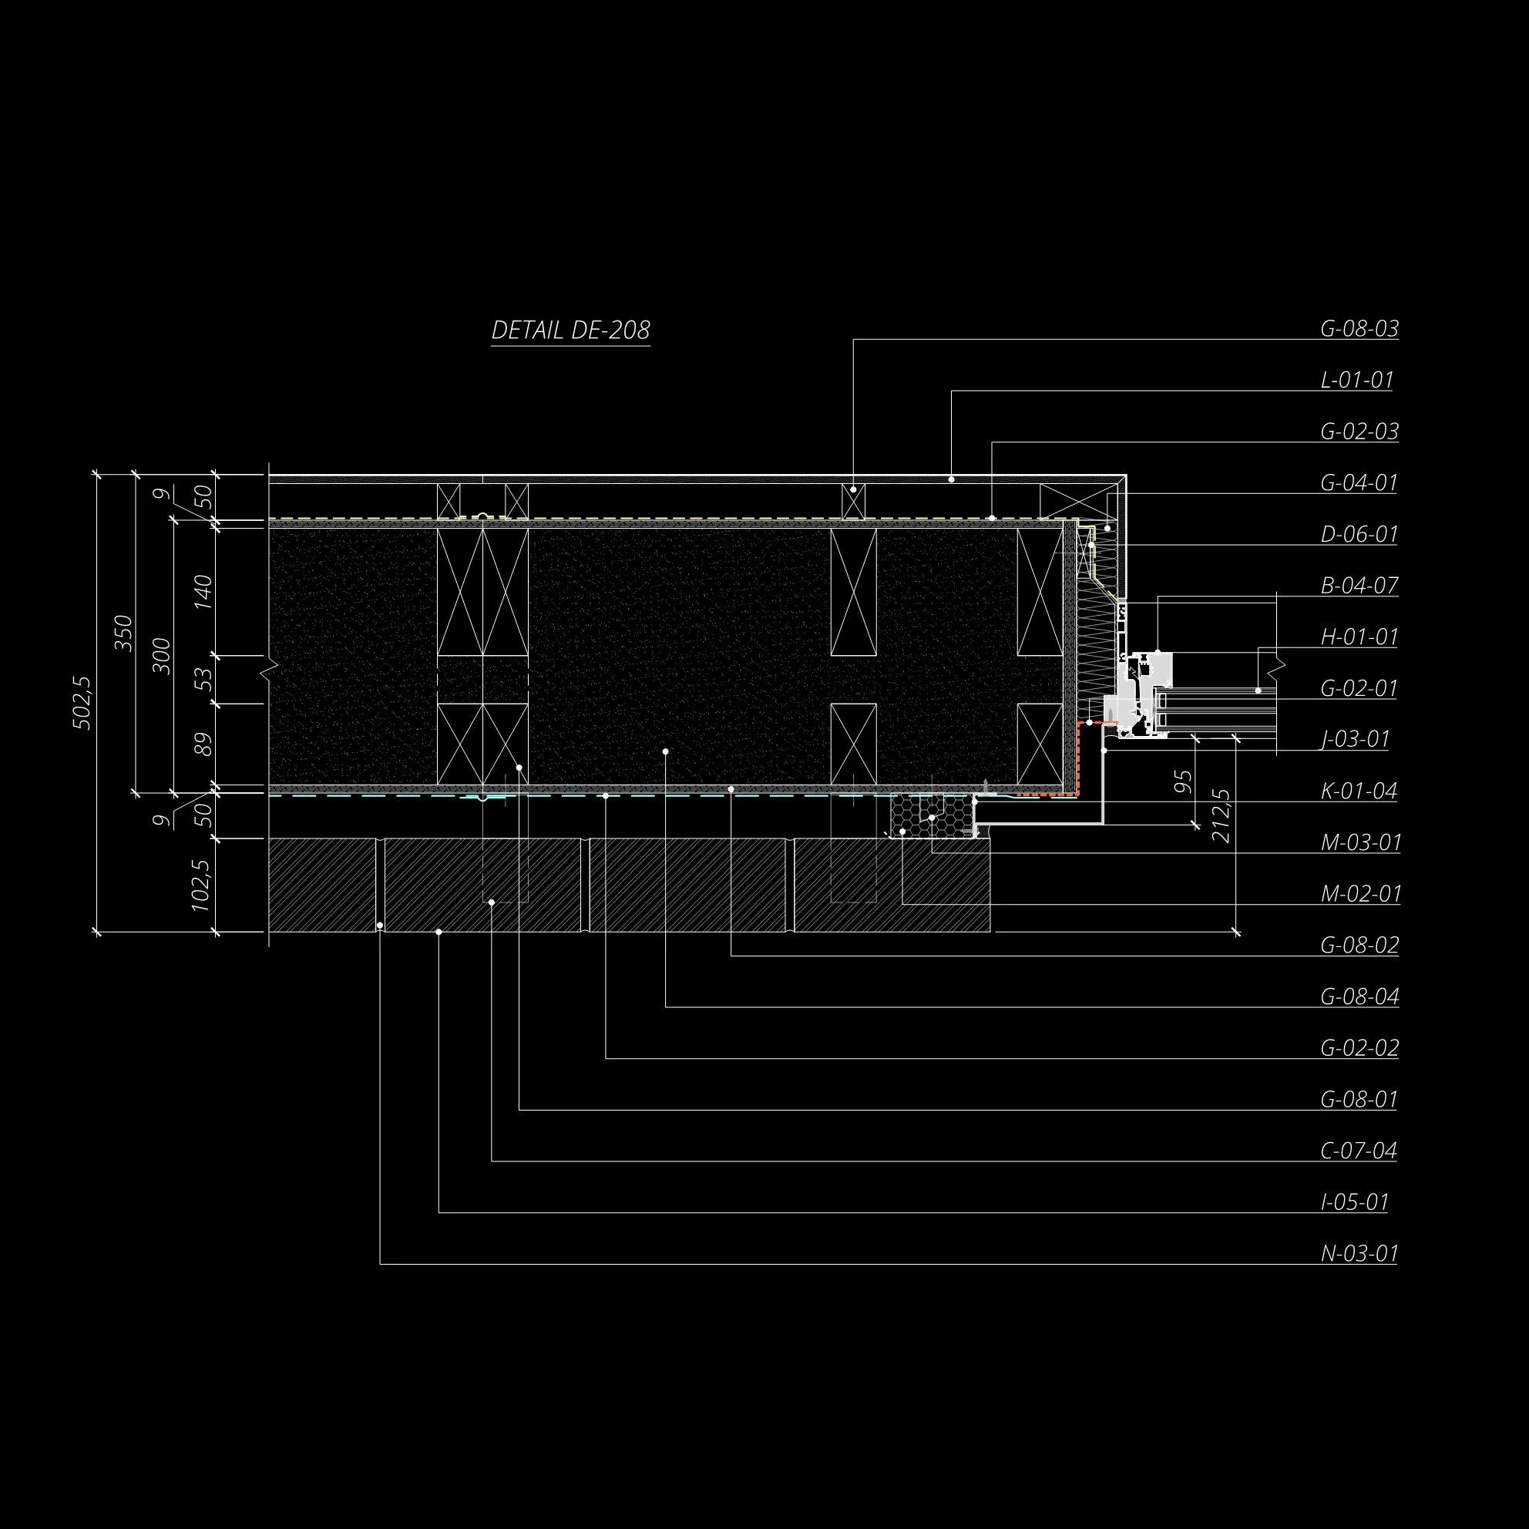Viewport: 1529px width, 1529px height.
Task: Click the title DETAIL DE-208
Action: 570,330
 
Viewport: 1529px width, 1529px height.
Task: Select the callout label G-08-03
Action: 1359,328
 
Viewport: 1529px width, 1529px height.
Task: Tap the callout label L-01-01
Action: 1356,380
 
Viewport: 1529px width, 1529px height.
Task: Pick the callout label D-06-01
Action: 1359,534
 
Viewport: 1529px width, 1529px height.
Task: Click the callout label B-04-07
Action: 1359,586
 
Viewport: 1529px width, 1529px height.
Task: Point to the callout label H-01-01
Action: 1359,637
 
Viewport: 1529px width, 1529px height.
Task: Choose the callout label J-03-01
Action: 1355,740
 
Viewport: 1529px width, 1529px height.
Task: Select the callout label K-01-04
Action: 1359,791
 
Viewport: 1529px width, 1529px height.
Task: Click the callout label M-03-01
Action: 1360,843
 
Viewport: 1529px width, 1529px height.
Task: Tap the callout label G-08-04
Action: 1359,996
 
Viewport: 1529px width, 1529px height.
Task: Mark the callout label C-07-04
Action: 1359,1151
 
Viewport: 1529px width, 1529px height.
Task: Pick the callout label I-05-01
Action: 1354,1202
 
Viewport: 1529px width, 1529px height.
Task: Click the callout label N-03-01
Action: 1359,1254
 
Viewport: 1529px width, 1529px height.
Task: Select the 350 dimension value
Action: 124,633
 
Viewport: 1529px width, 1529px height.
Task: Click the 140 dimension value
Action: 203,592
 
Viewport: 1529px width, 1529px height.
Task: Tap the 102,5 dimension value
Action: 203,885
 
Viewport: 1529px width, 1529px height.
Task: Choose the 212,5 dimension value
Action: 1221,815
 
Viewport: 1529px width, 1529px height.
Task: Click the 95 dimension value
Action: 1182,781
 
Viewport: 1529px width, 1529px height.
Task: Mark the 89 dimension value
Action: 203,744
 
